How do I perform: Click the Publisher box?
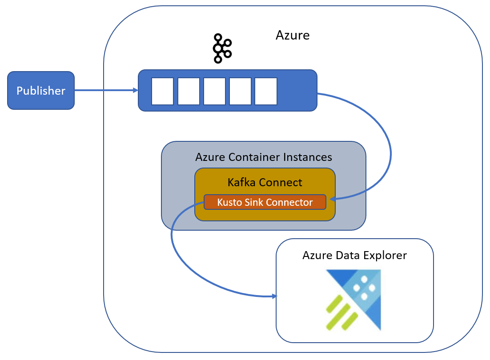pos(41,91)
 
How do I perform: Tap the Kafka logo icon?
pos(222,48)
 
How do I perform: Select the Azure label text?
pos(293,35)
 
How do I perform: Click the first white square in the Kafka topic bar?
pos(162,91)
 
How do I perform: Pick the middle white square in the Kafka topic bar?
pos(214,91)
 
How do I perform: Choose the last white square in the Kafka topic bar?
pos(266,91)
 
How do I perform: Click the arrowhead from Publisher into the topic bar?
pos(136,90)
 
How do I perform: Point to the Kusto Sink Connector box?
pos(265,202)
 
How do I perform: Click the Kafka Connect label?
pos(265,182)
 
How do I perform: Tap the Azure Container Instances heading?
pos(264,157)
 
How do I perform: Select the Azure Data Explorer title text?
pos(355,256)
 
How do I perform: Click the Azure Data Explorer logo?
pos(353,300)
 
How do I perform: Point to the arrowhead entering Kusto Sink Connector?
pos(333,199)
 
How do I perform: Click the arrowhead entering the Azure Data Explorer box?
pos(274,296)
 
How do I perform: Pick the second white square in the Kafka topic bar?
pos(189,91)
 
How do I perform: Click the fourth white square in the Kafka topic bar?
pos(240,91)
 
